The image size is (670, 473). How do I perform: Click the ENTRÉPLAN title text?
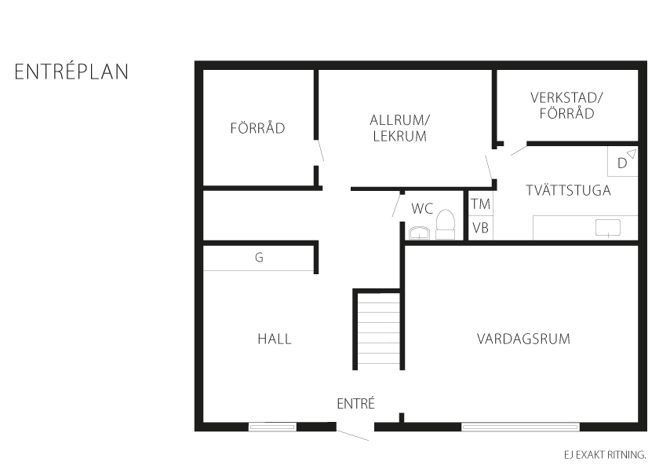click(71, 71)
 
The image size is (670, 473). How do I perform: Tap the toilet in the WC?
click(446, 224)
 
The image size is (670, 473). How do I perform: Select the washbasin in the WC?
click(420, 233)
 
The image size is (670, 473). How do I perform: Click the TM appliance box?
click(480, 204)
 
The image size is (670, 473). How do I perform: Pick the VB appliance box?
click(480, 228)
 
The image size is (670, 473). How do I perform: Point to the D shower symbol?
click(623, 161)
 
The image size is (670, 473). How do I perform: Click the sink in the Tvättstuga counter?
click(607, 228)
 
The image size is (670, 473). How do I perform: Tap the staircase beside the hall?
click(378, 328)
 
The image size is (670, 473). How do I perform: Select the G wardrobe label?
click(259, 257)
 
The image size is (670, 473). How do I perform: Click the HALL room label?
click(275, 339)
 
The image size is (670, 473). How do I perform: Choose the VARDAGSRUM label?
click(523, 339)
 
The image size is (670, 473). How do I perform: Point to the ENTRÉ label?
click(355, 403)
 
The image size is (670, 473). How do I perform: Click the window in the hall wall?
click(272, 427)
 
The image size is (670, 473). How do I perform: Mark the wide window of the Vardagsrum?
click(520, 427)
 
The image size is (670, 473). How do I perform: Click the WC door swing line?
click(396, 205)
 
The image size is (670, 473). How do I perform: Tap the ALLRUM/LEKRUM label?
click(399, 128)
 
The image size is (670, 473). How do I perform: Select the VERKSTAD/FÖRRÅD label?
click(566, 105)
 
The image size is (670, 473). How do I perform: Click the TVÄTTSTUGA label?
click(568, 190)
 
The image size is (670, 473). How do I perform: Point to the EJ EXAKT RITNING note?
click(605, 455)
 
